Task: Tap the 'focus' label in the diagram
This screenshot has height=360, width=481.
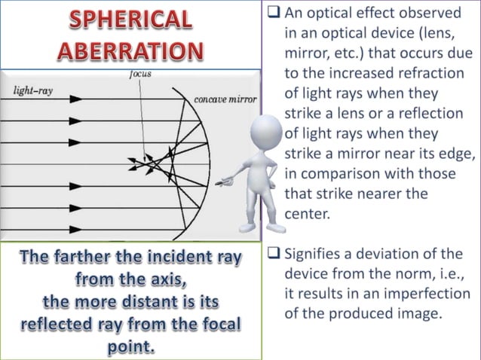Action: [x=140, y=75]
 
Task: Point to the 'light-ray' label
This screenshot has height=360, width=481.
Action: [x=34, y=90]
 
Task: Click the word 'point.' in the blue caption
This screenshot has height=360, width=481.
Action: [x=131, y=348]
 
